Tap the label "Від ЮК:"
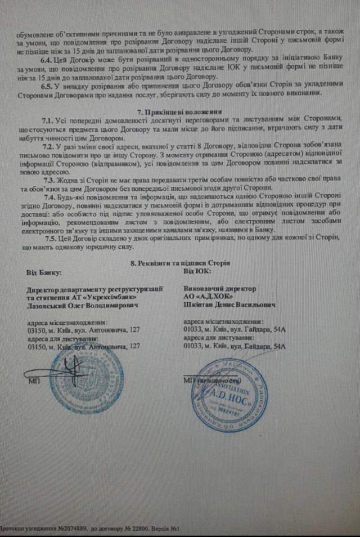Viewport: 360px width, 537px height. (x=197, y=271)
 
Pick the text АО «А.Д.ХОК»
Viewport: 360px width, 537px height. (x=208, y=296)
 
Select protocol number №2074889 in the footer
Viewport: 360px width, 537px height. (x=72, y=530)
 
